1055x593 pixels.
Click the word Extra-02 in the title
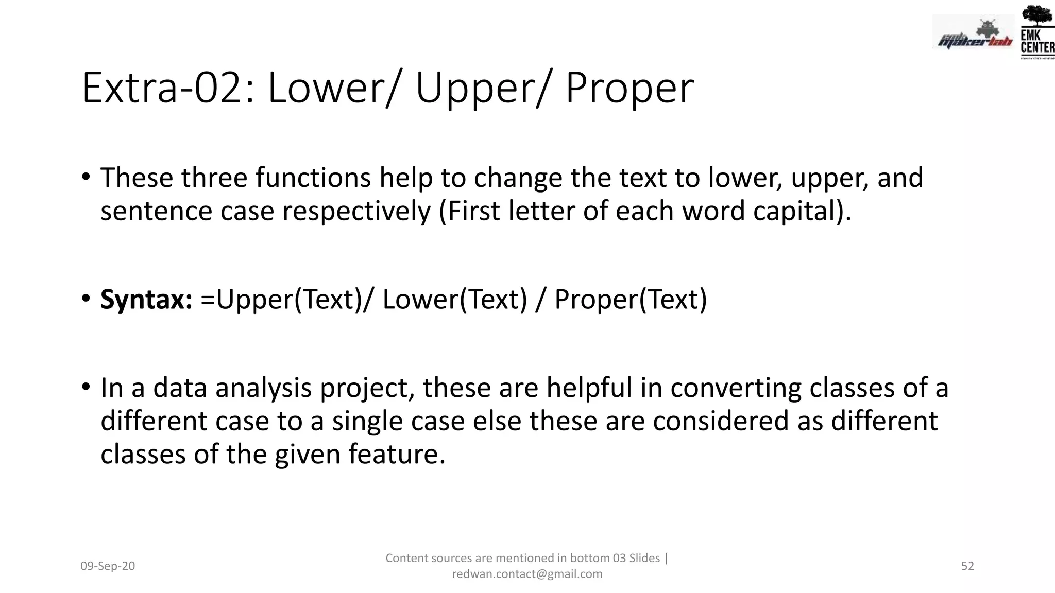[x=168, y=89]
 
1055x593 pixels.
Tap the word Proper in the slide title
[x=629, y=89]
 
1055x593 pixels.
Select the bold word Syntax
[x=146, y=300]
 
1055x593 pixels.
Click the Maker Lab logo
[x=973, y=35]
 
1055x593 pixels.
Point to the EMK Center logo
[x=1037, y=32]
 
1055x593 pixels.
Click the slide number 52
[x=967, y=566]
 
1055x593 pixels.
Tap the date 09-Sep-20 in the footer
[x=108, y=566]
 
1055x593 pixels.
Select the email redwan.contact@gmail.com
[x=527, y=574]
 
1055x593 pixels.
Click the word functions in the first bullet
[x=313, y=178]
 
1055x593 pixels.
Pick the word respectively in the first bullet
[x=356, y=211]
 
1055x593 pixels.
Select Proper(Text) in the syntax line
[x=631, y=300]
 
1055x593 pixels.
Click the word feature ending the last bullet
[x=393, y=455]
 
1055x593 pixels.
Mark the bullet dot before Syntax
[x=86, y=299]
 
